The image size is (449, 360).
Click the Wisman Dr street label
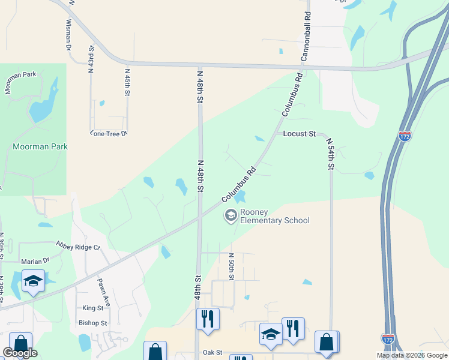(68, 34)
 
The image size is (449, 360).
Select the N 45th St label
(127, 82)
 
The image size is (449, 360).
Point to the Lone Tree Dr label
(109, 133)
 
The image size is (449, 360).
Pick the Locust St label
(300, 134)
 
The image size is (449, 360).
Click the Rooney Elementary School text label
(274, 216)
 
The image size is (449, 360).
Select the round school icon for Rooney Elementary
(231, 215)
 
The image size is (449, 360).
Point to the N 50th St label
(231, 266)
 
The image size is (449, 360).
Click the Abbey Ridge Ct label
(77, 246)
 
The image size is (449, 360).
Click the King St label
(93, 308)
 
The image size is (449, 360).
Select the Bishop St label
(92, 322)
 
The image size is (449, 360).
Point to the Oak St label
(212, 353)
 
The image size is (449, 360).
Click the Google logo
(20, 353)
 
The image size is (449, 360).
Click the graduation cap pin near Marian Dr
(33, 281)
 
